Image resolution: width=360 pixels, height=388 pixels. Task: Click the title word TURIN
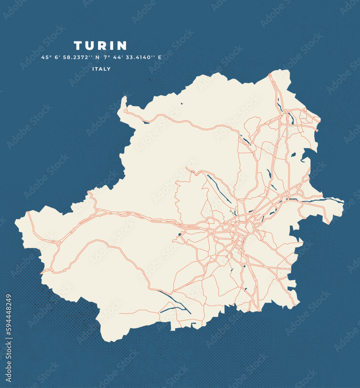click(x=100, y=46)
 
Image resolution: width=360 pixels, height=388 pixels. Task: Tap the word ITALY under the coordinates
click(x=102, y=69)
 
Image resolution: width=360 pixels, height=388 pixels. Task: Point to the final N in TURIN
click(x=122, y=46)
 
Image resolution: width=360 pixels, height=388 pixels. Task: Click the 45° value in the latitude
click(x=47, y=57)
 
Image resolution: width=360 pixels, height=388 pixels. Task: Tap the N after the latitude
click(x=97, y=57)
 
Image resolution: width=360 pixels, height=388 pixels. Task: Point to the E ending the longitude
click(x=159, y=57)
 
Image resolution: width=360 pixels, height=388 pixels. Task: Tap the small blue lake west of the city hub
click(x=180, y=234)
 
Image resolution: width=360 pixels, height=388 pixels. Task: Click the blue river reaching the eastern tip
click(x=318, y=200)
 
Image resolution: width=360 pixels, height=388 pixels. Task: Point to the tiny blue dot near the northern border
click(x=181, y=103)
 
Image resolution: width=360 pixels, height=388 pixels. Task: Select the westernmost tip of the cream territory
click(x=16, y=221)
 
